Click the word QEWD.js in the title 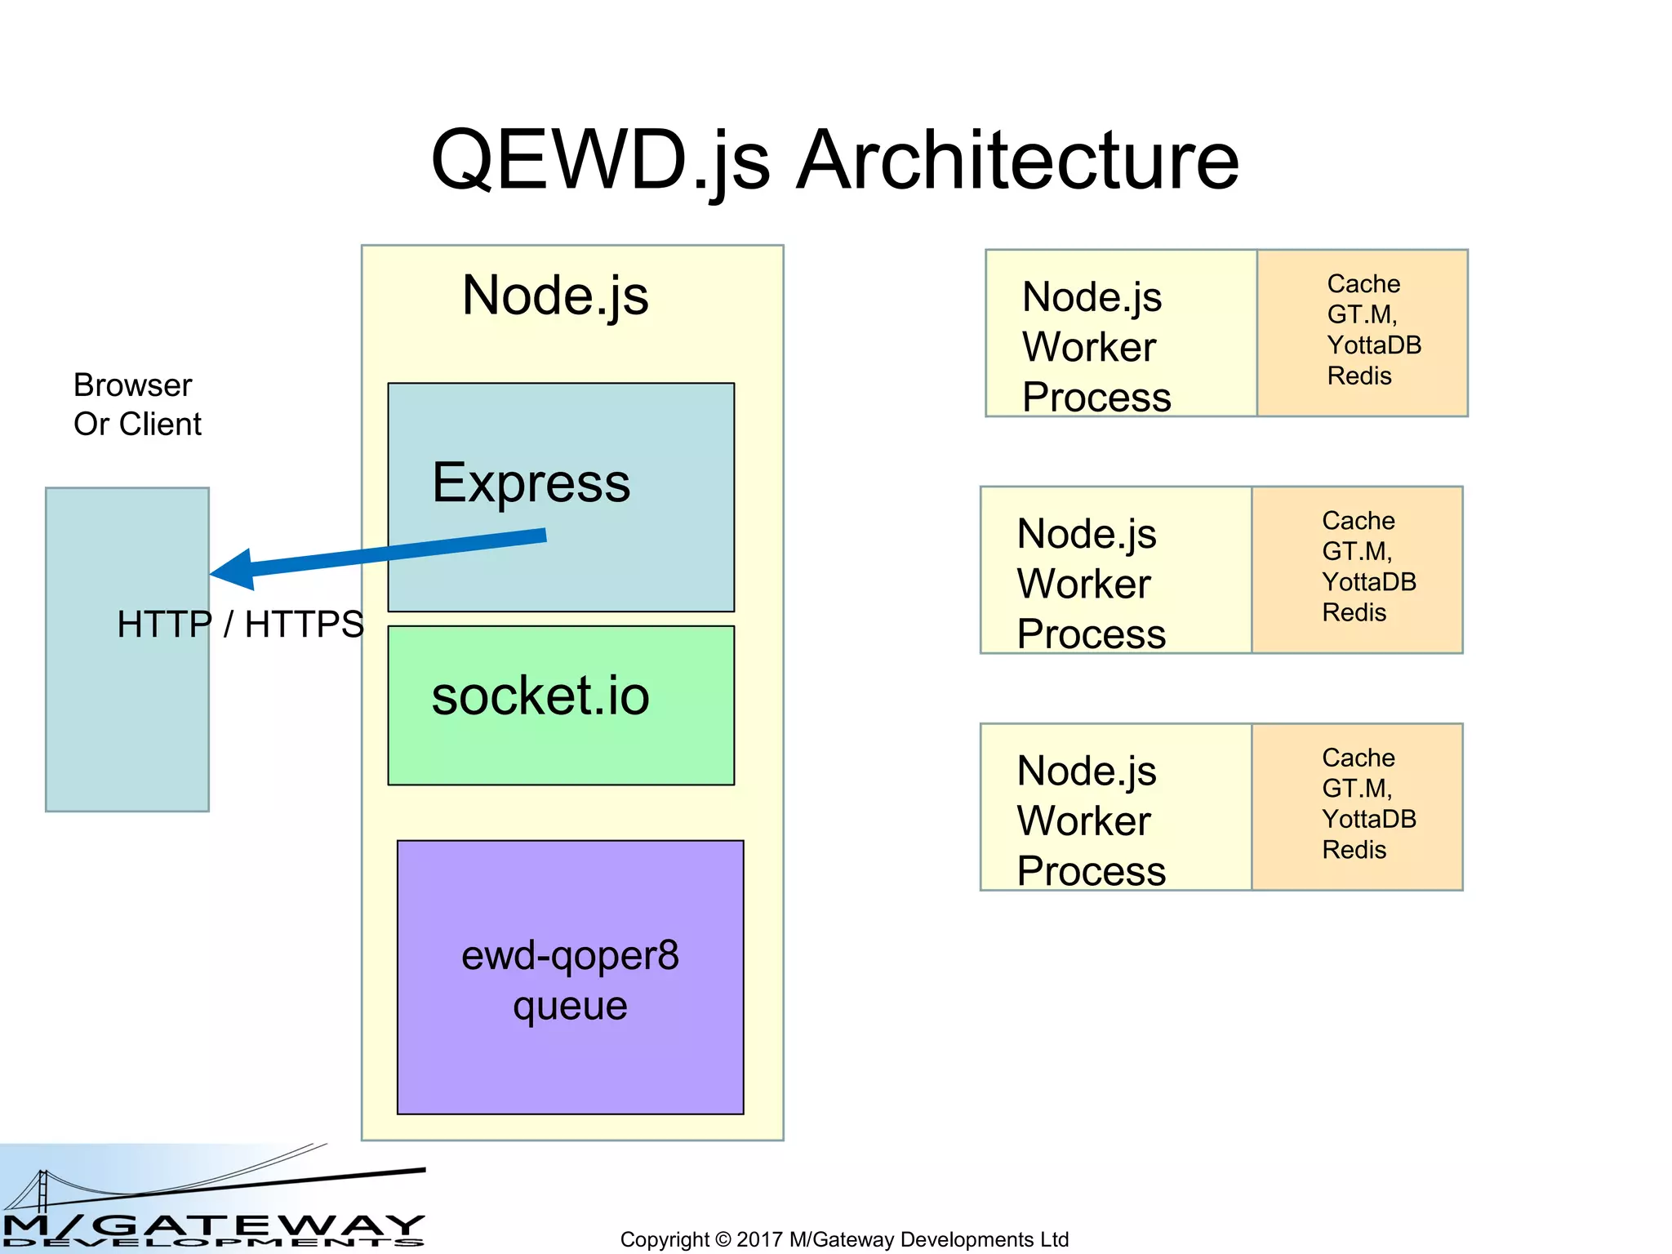coord(600,161)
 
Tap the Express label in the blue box coord(531,482)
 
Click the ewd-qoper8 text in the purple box coord(570,955)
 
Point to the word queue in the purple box coord(570,1006)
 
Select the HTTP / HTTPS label coord(240,625)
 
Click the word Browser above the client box coord(132,385)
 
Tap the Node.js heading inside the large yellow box coord(555,296)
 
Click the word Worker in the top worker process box coord(1089,347)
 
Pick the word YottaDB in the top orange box coord(1374,345)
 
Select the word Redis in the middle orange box coord(1354,613)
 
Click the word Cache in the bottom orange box coord(1358,758)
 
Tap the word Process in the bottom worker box coord(1092,871)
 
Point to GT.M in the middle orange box coord(1355,552)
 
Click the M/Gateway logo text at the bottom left coord(212,1225)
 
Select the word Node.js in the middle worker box coord(1087,535)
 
